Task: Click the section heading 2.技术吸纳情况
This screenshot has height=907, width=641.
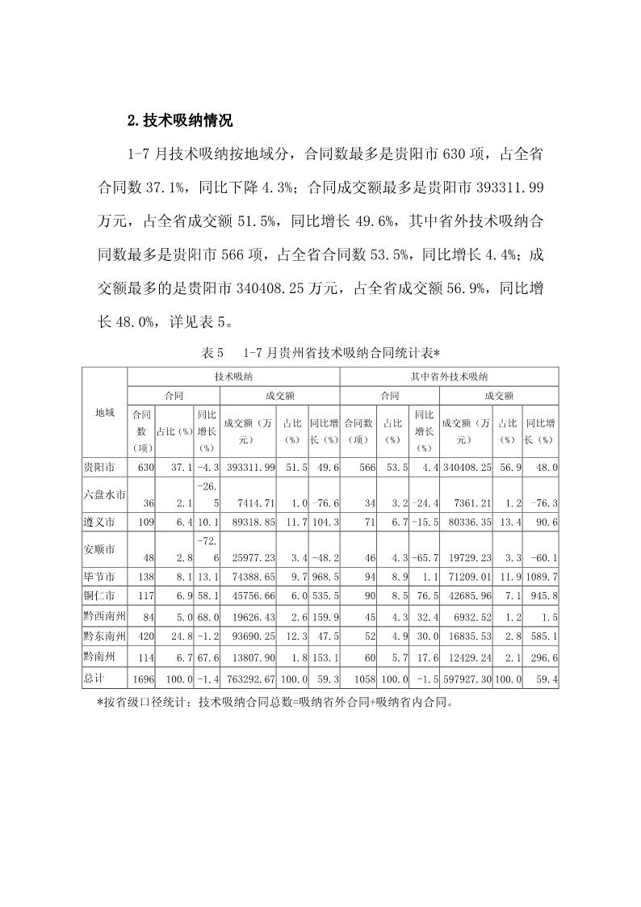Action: [180, 121]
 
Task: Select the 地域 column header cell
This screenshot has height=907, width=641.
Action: [104, 413]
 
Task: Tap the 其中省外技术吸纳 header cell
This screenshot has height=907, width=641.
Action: [449, 376]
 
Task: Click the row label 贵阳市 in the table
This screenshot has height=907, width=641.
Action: [99, 468]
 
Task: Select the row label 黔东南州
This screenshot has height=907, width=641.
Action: [104, 636]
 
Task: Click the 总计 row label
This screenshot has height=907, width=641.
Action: [94, 678]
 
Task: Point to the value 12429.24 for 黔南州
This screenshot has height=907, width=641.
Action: [468, 658]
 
